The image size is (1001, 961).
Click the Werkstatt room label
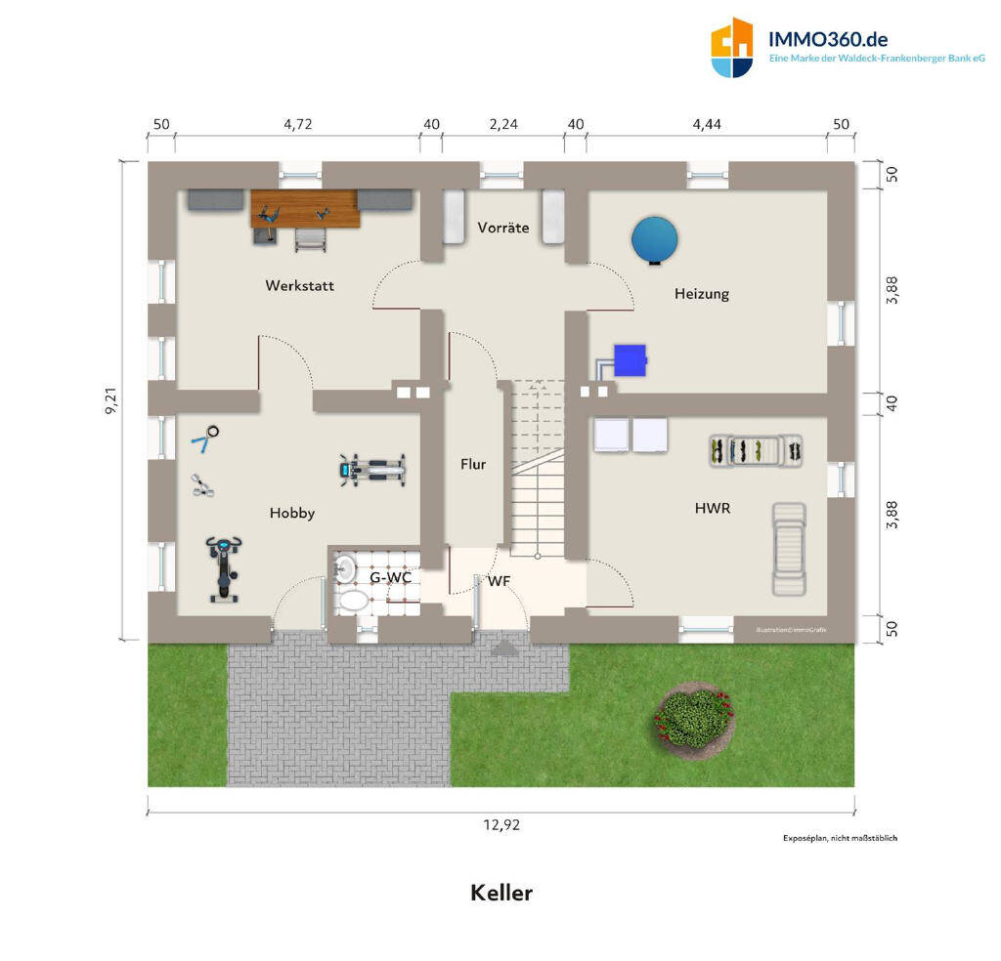click(x=299, y=286)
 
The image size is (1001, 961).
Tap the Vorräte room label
click(x=503, y=228)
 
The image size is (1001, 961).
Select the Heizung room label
click(x=701, y=293)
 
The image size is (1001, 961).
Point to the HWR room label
click(x=713, y=508)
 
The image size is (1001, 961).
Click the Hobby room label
click(x=292, y=513)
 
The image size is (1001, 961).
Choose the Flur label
click(x=473, y=465)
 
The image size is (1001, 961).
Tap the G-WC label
click(x=389, y=578)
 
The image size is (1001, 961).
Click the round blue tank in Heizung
click(x=654, y=238)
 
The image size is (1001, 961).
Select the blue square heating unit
click(x=630, y=359)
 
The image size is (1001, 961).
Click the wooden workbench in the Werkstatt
click(x=305, y=208)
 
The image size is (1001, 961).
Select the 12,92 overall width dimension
click(x=501, y=824)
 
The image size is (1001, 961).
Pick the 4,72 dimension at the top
click(x=297, y=124)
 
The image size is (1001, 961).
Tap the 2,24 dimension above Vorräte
click(x=502, y=124)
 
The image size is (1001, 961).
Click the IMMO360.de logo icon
click(x=732, y=48)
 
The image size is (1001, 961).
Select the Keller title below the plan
click(x=501, y=893)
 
